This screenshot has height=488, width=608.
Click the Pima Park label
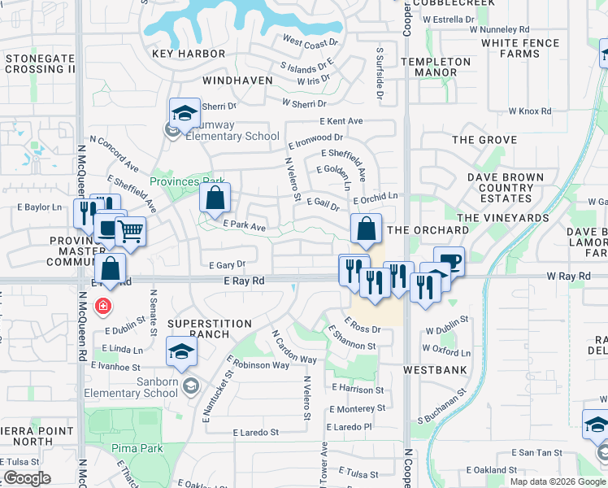coord(138,448)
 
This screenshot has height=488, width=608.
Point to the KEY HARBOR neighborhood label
coord(189,54)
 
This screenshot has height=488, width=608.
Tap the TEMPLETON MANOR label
coord(441,67)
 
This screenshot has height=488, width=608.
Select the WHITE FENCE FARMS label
coord(520,48)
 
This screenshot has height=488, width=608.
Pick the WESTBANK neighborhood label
coord(436,369)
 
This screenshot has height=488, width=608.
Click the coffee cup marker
coord(449,262)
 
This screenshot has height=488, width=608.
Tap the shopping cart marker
coord(130,232)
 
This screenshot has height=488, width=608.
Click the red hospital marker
coord(102,307)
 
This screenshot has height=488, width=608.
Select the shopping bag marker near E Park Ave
coord(215,198)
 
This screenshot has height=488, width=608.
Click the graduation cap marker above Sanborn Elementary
coord(181,351)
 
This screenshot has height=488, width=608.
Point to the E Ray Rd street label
coord(245,280)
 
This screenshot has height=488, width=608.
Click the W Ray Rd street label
coord(568,277)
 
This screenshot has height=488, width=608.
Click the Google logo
coord(26,478)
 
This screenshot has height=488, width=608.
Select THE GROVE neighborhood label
coord(484,140)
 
